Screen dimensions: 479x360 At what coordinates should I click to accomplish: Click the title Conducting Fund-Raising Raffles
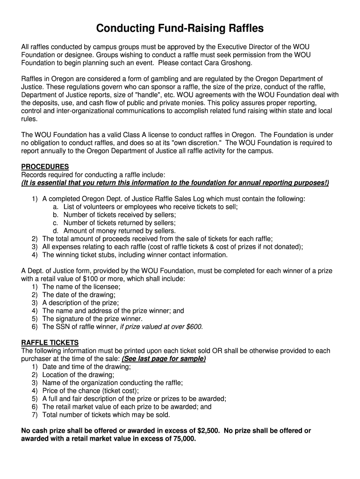[180, 29]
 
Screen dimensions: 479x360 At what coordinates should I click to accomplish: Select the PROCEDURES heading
[45, 167]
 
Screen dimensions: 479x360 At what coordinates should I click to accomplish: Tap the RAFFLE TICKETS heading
[50, 342]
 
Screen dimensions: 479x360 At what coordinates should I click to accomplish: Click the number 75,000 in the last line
[180, 439]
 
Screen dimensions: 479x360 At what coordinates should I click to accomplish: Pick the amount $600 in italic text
[193, 327]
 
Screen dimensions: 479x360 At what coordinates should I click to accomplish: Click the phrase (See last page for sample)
[164, 359]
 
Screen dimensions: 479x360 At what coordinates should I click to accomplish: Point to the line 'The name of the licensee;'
[81, 287]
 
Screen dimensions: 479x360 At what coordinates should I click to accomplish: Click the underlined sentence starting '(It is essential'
[175, 182]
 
